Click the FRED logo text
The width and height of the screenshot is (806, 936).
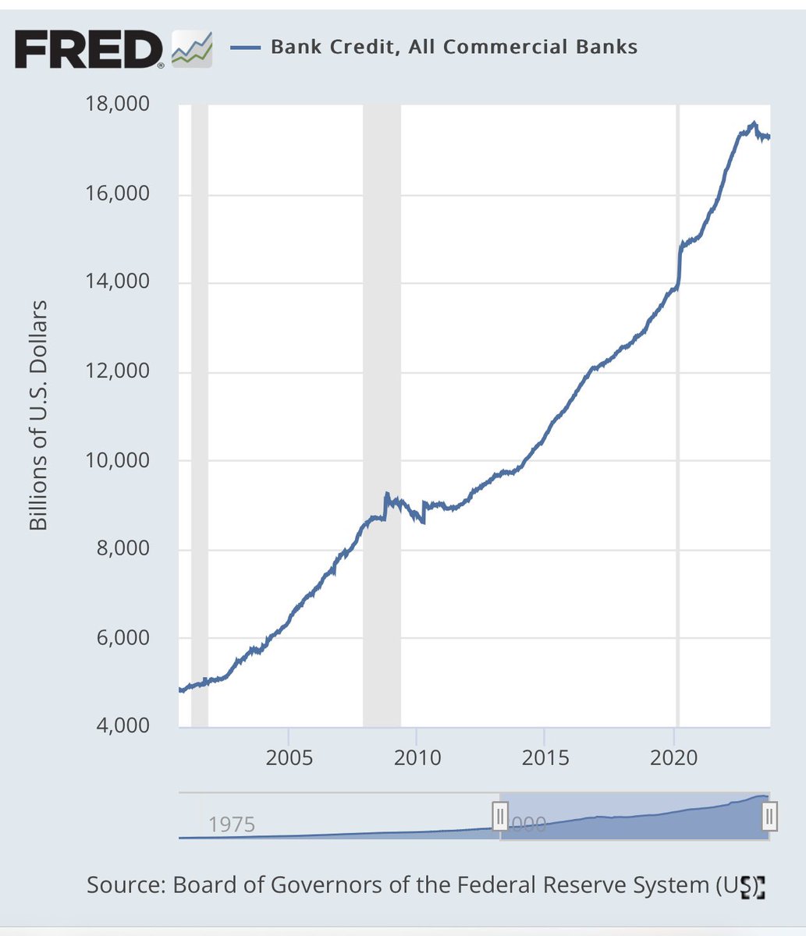click(x=87, y=49)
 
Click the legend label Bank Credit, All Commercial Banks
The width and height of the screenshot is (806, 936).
click(x=453, y=47)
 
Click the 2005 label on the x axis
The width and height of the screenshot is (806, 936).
click(x=289, y=757)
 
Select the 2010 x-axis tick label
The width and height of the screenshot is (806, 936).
click(x=417, y=757)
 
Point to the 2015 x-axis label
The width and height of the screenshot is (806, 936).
click(x=545, y=757)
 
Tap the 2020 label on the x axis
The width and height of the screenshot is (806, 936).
click(x=674, y=757)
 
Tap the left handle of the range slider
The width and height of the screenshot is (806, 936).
click(x=499, y=817)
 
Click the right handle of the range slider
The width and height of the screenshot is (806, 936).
click(x=769, y=817)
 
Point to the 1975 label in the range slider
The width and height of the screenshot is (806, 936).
click(x=232, y=824)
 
